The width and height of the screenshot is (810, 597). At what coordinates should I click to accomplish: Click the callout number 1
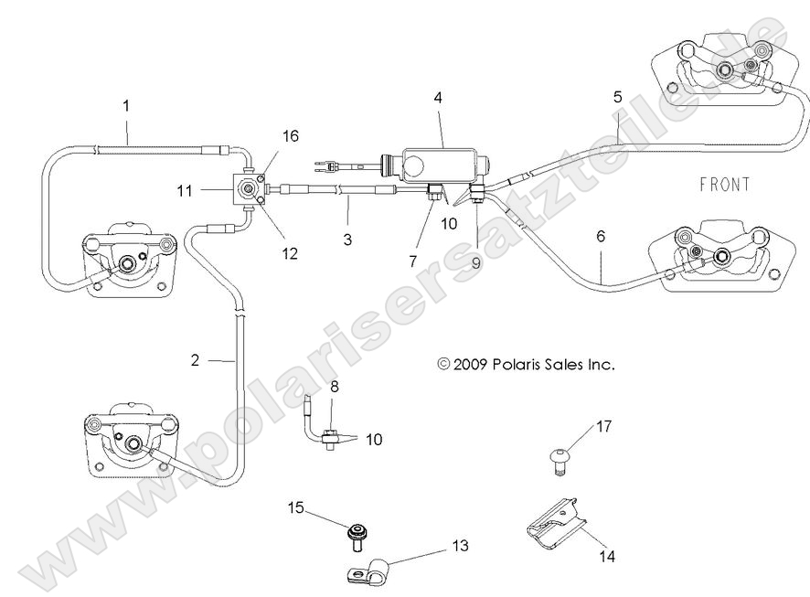(x=126, y=105)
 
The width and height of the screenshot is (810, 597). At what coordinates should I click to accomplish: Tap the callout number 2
(x=195, y=360)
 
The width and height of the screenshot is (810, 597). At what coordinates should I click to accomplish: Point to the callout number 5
(x=618, y=96)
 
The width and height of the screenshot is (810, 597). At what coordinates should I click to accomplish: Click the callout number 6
(x=601, y=236)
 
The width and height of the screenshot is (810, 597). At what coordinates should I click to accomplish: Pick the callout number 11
(x=184, y=191)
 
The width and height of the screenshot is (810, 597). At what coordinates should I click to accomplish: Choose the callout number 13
(x=459, y=546)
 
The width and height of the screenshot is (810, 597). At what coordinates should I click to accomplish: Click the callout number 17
(x=603, y=426)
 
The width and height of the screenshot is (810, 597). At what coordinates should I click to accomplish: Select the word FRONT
(x=724, y=185)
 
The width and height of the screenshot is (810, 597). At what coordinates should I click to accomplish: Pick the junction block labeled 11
(x=248, y=191)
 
